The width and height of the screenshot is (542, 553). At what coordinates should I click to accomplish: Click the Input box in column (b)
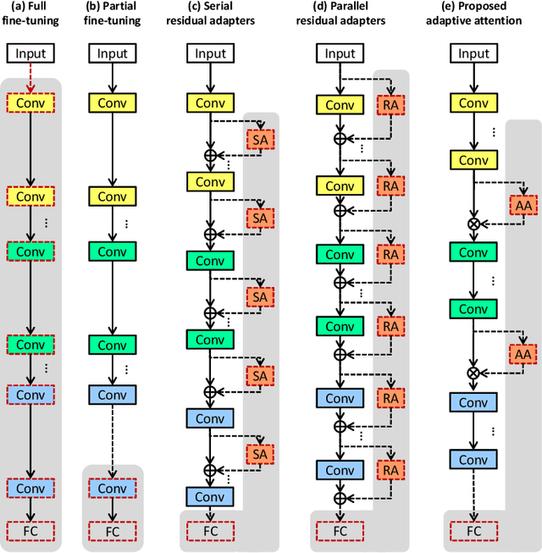(x=113, y=54)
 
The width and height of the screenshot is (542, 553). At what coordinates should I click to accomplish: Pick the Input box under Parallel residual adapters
(x=340, y=54)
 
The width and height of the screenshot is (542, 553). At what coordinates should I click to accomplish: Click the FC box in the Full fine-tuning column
(x=30, y=530)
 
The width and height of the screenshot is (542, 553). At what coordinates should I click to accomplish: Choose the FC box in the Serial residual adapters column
(x=211, y=530)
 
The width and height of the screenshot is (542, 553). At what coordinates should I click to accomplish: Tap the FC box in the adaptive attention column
(x=473, y=530)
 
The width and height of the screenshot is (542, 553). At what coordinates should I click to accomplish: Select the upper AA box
(x=523, y=204)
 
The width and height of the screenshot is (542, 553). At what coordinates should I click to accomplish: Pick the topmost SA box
(x=259, y=138)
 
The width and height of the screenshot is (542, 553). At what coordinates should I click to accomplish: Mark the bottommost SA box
(x=259, y=455)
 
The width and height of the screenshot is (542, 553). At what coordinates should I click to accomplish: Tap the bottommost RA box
(x=390, y=470)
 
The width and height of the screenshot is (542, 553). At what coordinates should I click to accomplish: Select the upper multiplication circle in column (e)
(x=473, y=224)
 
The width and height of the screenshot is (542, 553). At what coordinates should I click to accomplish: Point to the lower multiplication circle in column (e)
(x=473, y=373)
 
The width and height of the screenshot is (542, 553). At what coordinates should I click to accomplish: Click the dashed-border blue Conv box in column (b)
(x=113, y=489)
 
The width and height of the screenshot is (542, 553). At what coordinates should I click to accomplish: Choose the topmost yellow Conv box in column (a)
(x=30, y=103)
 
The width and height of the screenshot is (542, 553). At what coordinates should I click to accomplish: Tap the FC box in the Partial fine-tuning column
(x=113, y=530)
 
